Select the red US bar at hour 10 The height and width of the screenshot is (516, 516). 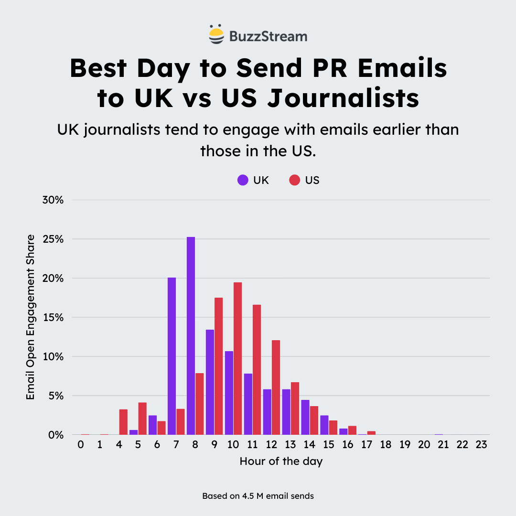(x=237, y=358)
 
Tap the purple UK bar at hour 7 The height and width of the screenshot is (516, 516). (x=172, y=356)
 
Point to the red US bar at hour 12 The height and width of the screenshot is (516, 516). (x=276, y=387)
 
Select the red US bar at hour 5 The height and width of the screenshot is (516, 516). (x=142, y=419)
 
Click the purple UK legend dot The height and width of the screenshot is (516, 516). (x=243, y=181)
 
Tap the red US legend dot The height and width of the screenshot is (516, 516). (x=295, y=181)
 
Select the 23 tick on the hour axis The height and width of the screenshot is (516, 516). (x=481, y=445)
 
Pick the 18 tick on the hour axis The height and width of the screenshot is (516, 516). (x=386, y=445)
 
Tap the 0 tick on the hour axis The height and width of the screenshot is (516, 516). (x=81, y=445)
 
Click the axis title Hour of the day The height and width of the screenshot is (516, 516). (x=281, y=462)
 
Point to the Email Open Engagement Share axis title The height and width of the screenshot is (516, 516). (x=31, y=317)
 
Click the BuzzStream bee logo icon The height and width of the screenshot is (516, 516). (x=216, y=34)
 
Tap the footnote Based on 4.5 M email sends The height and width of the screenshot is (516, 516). (x=258, y=496)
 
